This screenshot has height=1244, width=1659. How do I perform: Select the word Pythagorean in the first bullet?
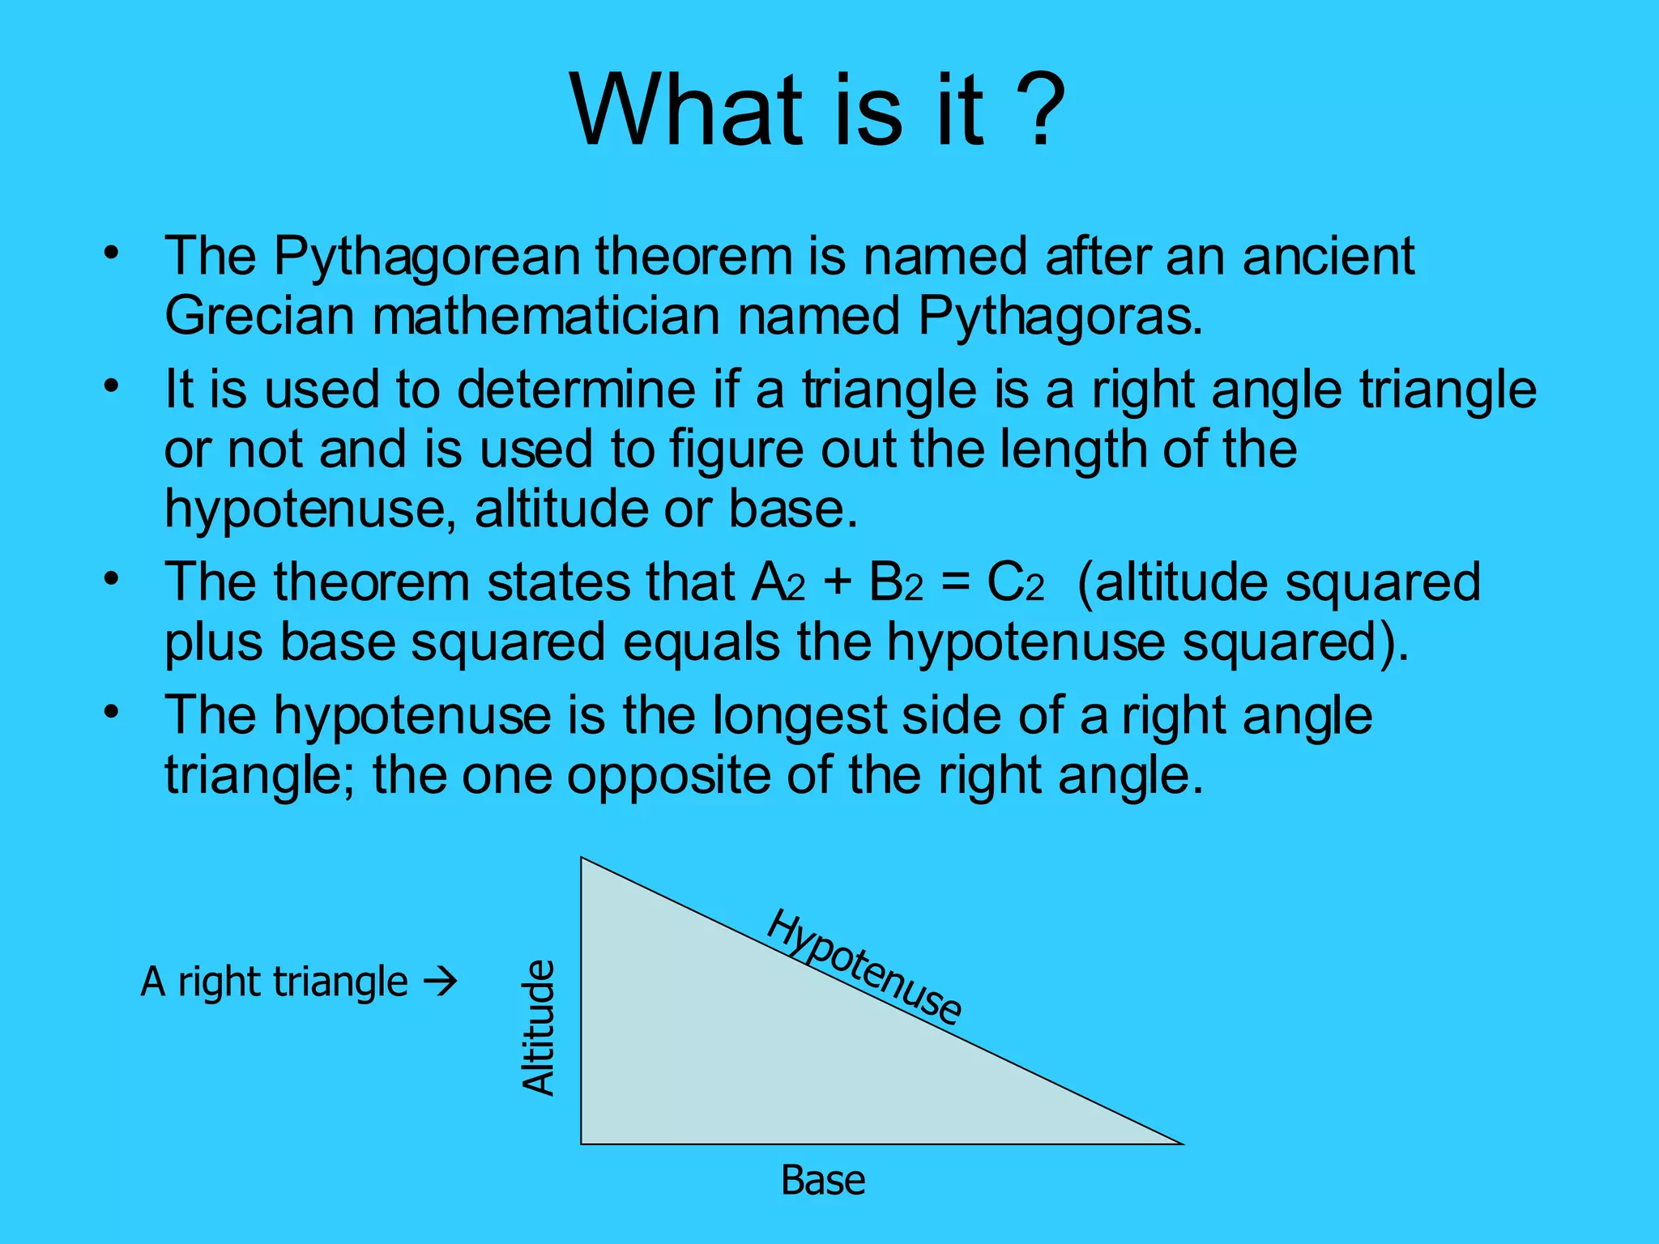427,257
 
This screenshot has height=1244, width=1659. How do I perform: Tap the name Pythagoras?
1060,316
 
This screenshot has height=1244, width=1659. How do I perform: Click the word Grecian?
259,316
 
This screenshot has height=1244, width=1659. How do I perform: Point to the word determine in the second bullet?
576,390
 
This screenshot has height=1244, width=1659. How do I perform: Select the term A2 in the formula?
778,583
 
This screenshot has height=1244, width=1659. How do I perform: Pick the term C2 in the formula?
1015,583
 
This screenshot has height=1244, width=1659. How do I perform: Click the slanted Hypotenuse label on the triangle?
864,967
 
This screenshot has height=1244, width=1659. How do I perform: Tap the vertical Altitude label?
538,1028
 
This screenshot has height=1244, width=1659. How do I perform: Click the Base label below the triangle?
823,1181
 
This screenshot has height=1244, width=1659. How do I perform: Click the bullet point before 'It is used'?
111,386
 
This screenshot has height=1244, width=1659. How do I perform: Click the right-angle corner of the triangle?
582,1143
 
